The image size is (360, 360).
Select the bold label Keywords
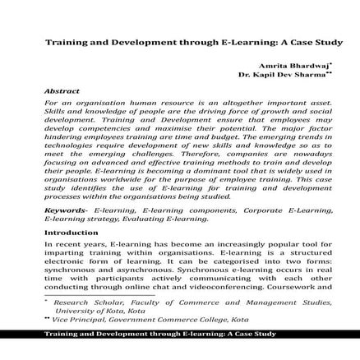coord(65,210)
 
